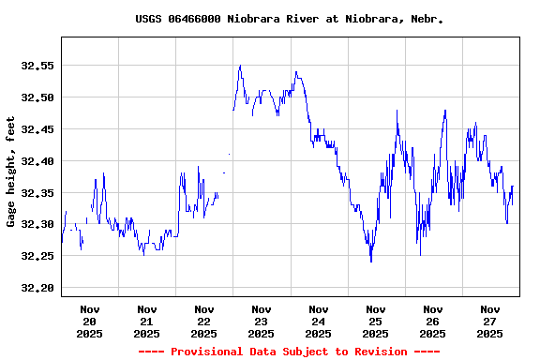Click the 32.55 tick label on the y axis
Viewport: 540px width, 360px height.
tap(38, 66)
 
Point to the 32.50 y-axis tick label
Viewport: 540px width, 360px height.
tap(38, 97)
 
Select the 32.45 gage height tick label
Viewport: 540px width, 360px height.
tap(38, 129)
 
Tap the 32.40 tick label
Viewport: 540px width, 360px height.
tap(38, 161)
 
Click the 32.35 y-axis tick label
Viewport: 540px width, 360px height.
tap(38, 193)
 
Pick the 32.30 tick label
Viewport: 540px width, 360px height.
tap(38, 225)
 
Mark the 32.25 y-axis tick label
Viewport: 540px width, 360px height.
tap(38, 256)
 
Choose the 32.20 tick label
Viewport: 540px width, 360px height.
tap(38, 288)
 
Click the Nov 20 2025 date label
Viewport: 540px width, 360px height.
tap(90, 321)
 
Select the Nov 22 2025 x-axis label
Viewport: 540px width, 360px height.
tap(204, 321)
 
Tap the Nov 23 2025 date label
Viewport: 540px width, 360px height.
tap(262, 321)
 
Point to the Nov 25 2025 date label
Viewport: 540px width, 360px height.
tap(376, 321)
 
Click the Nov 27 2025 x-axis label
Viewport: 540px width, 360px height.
tap(490, 321)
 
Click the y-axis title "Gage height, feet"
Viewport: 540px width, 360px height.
tap(11, 172)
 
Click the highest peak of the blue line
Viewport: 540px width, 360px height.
tap(240, 66)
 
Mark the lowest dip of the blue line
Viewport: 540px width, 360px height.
tap(371, 262)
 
